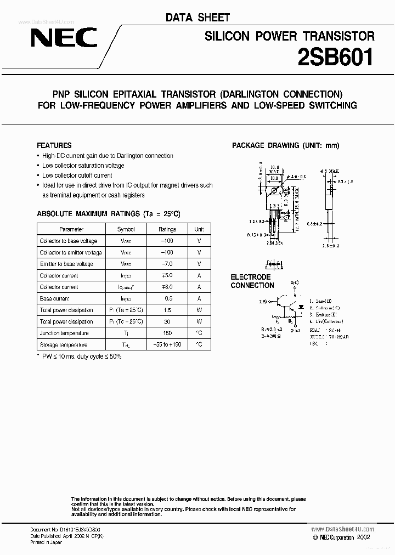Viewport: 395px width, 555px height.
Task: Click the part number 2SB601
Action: pos(335,57)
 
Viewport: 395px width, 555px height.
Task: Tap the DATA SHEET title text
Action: pos(198,18)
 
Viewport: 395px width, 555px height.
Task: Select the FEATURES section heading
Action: pos(54,145)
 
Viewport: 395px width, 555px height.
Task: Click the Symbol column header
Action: pos(126,229)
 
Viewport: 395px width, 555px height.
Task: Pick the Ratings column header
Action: pos(167,229)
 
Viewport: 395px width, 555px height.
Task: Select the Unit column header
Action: pos(199,229)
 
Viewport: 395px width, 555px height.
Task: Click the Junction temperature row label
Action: pos(64,333)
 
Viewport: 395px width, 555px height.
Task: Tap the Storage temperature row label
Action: pos(63,344)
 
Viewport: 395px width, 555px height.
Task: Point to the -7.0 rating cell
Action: pos(167,264)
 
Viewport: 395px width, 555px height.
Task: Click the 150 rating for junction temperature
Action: pos(167,333)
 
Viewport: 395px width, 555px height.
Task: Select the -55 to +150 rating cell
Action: pos(167,344)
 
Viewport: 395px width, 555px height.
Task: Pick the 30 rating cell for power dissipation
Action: pos(167,321)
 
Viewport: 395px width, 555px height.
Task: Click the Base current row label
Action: pos(55,298)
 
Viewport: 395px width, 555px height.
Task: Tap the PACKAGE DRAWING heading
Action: pos(285,145)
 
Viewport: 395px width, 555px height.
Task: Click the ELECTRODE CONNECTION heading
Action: pos(252,281)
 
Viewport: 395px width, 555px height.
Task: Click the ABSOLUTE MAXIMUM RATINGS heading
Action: pos(108,213)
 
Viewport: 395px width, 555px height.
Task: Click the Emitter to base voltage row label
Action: pos(66,264)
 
